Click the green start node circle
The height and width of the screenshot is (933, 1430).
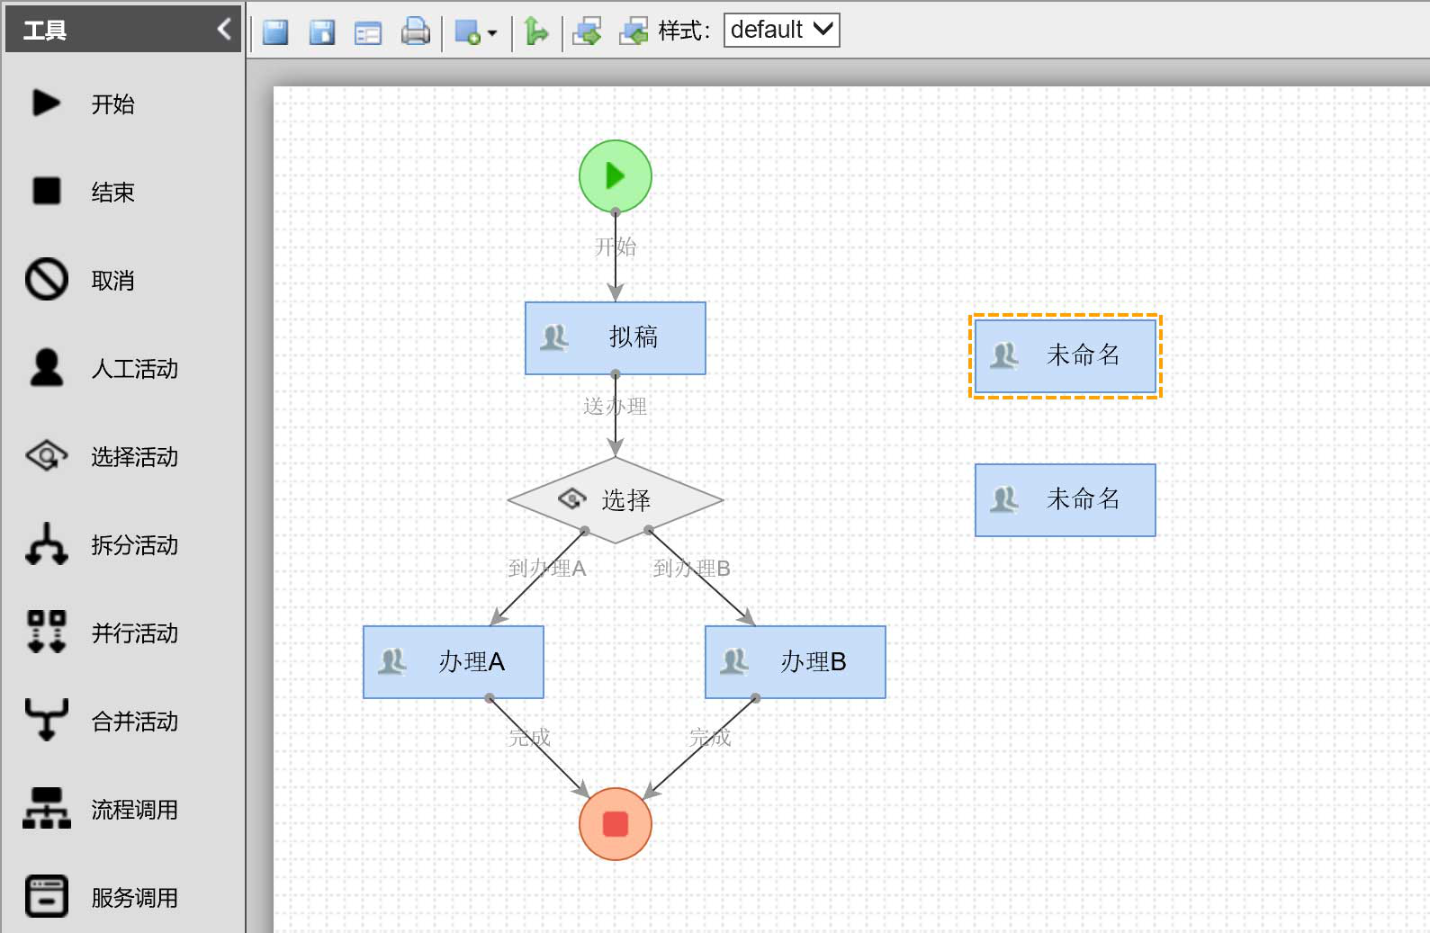click(x=616, y=176)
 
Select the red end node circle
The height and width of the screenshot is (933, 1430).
click(x=616, y=824)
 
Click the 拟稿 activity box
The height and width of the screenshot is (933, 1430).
click(x=616, y=338)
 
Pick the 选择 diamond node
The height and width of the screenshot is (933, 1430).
click(x=616, y=500)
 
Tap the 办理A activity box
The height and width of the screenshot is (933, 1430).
click(x=454, y=662)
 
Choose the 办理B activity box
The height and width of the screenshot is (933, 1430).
click(x=796, y=662)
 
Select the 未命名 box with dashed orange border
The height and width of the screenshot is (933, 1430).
click(x=1066, y=356)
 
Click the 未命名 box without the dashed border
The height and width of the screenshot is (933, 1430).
click(x=1066, y=500)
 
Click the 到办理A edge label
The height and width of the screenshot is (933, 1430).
click(x=547, y=568)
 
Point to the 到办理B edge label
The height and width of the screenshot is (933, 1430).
click(x=691, y=568)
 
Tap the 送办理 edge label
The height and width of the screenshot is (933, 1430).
click(x=615, y=406)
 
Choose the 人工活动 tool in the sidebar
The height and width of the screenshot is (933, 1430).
click(x=103, y=368)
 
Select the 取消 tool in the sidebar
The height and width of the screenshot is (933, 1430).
click(x=80, y=280)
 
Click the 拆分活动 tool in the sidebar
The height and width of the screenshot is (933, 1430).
click(x=103, y=544)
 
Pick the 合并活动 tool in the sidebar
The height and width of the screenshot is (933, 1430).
click(x=103, y=721)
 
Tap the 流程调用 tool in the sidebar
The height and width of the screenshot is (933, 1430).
click(x=103, y=809)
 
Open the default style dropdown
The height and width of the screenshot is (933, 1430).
click(x=781, y=30)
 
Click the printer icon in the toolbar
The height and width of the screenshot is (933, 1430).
click(x=415, y=31)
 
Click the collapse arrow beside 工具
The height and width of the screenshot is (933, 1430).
click(x=224, y=29)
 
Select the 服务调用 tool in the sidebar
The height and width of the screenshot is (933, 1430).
click(x=103, y=897)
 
